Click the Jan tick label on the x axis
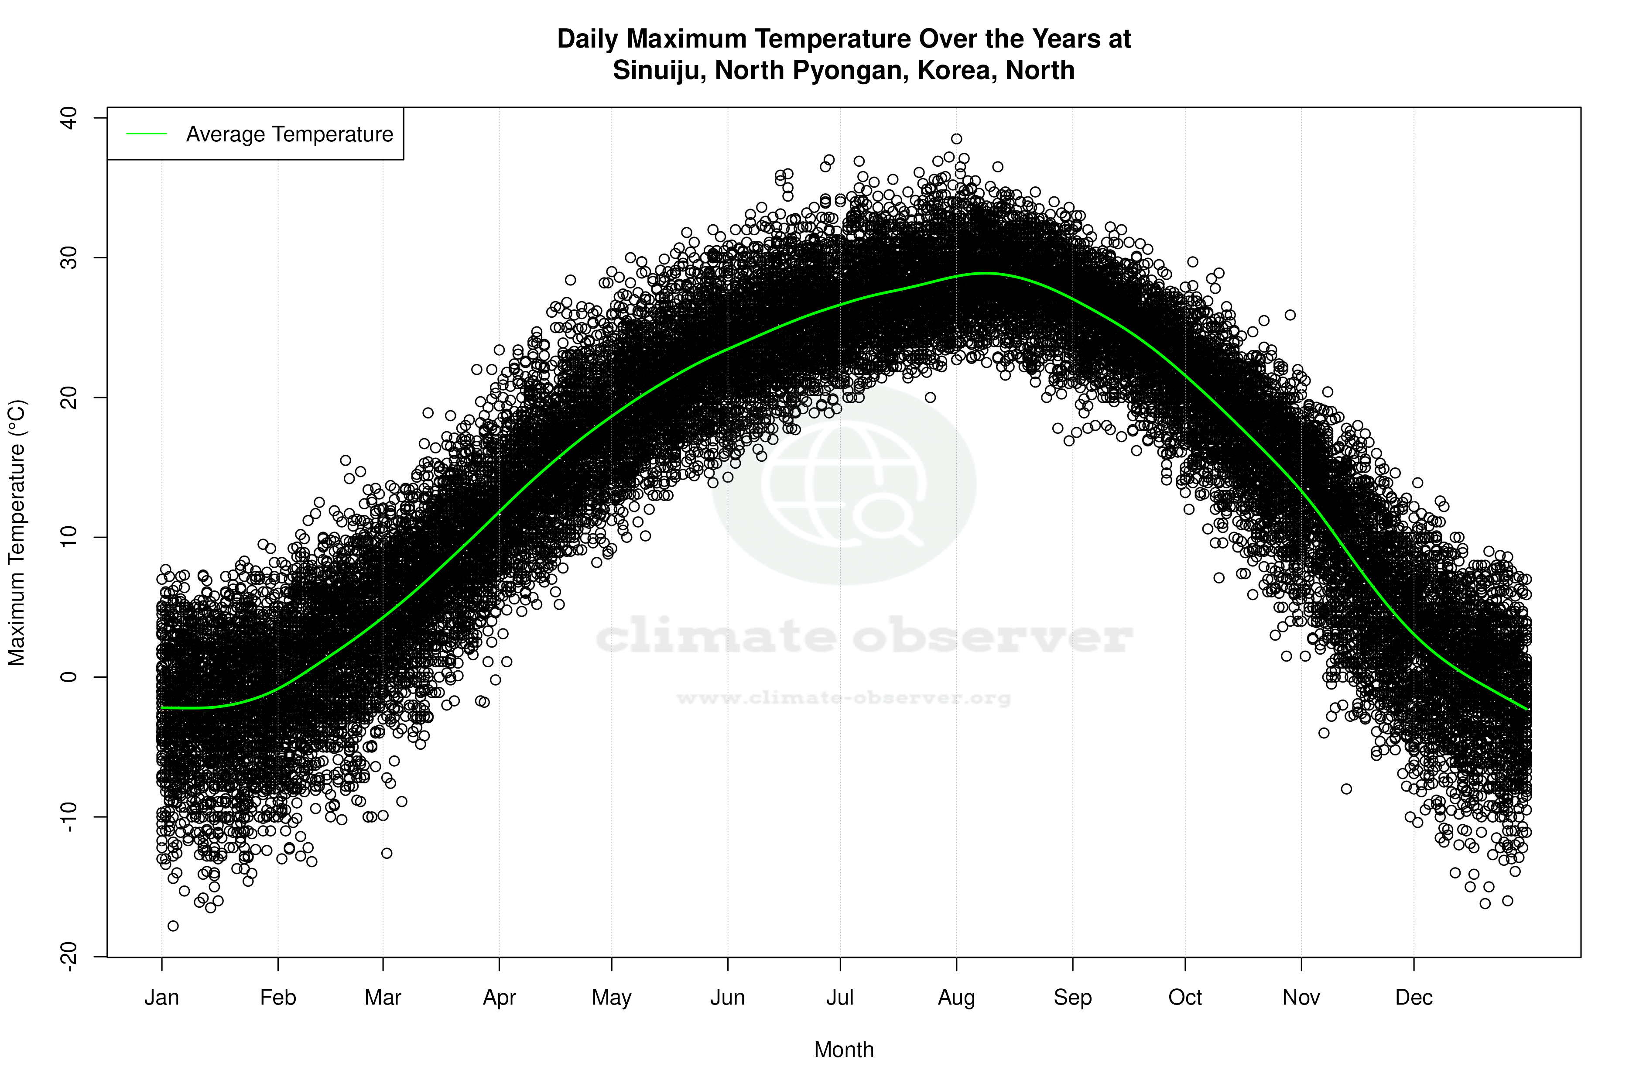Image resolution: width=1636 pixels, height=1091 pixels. click(x=161, y=997)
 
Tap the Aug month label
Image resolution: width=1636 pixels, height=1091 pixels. click(x=956, y=997)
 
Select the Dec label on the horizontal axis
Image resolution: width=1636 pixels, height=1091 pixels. click(x=1414, y=997)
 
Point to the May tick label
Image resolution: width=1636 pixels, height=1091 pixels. click(x=611, y=997)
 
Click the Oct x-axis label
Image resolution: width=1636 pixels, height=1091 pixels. click(x=1184, y=997)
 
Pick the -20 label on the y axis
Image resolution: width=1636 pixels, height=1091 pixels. click(x=68, y=957)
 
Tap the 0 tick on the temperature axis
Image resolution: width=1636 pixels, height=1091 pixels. click(x=68, y=676)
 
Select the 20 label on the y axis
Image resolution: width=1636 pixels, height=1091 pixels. click(x=68, y=397)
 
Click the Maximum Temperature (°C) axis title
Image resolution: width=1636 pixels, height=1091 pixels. click(x=17, y=533)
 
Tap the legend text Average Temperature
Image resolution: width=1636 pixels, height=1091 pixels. click(x=289, y=134)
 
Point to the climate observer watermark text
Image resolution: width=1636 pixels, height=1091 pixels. click(x=862, y=636)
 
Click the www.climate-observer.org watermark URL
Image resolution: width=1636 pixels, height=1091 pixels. click(x=843, y=698)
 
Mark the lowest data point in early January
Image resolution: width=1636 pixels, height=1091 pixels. click(x=173, y=926)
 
